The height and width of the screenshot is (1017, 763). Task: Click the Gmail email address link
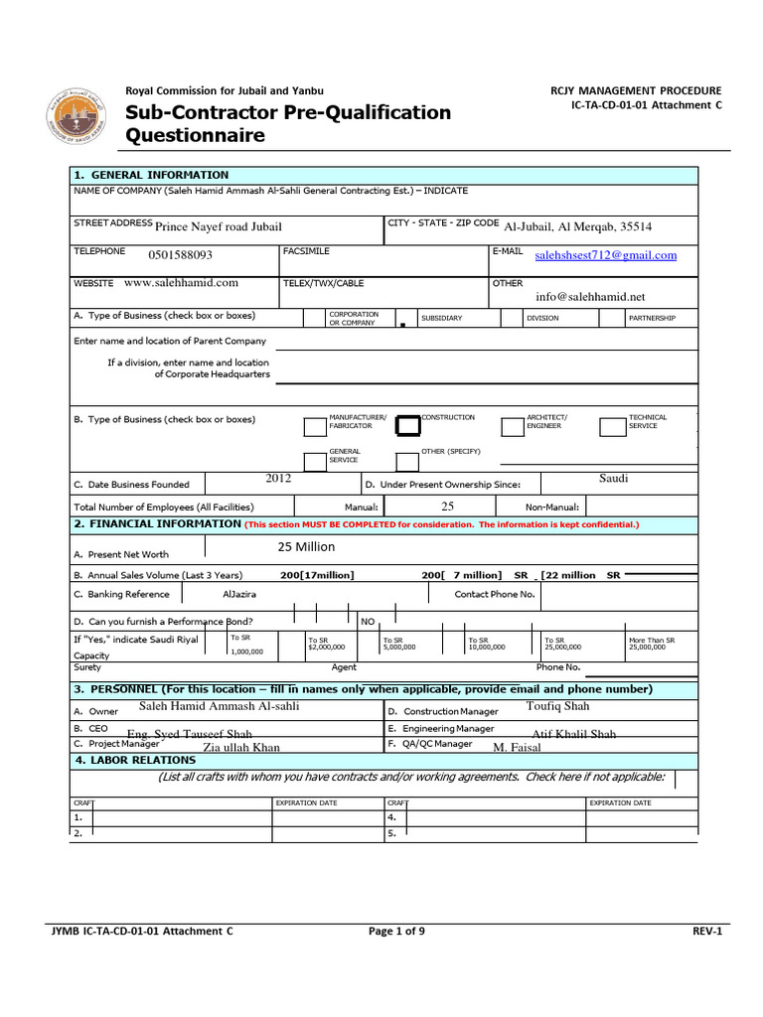point(605,255)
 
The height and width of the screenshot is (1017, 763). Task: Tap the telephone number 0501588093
point(180,255)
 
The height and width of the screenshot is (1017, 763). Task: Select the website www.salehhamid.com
point(182,283)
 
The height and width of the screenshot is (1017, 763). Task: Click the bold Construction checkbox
point(407,425)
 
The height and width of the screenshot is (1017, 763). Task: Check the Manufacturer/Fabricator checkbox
point(315,427)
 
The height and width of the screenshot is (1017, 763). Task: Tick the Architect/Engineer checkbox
point(513,427)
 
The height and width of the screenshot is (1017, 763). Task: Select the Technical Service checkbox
point(612,427)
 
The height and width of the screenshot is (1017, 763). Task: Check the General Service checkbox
point(315,461)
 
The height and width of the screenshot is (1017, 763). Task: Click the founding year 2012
point(278,479)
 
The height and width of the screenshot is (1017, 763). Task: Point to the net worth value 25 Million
point(306,547)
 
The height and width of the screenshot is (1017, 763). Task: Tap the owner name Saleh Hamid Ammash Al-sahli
point(219,706)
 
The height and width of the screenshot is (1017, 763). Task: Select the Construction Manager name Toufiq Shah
point(557,706)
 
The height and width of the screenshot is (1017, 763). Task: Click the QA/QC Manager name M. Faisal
point(516,747)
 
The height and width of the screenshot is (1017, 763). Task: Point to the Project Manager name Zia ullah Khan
point(241,747)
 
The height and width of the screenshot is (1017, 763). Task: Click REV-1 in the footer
point(706,932)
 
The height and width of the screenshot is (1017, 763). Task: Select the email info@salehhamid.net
point(590,296)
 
